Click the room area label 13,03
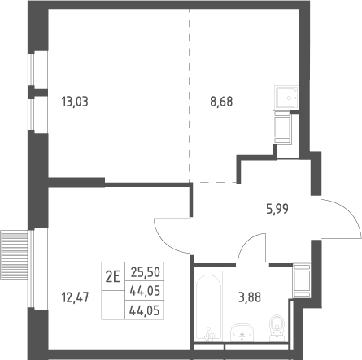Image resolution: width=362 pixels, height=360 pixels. [75, 102]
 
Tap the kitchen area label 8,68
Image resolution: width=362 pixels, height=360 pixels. [221, 102]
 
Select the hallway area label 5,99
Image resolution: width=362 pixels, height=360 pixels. [277, 209]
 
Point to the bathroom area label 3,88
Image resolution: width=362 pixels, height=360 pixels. [250, 297]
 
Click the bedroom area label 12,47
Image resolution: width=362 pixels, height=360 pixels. [75, 297]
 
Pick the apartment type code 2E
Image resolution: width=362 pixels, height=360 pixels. [113, 277]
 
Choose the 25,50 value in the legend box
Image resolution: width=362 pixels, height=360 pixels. [145, 272]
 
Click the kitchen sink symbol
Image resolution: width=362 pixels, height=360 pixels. [286, 97]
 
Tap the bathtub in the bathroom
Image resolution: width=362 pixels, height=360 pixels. [208, 306]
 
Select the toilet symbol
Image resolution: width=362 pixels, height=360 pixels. [277, 328]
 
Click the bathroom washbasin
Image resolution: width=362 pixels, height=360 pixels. [242, 332]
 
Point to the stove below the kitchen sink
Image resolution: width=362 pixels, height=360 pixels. [282, 127]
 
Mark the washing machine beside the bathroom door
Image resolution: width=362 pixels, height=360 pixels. [302, 280]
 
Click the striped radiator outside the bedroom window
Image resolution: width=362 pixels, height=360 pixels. [14, 255]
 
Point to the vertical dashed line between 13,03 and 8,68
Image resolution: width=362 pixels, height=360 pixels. [190, 95]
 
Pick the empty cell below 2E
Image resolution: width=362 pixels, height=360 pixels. [113, 305]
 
